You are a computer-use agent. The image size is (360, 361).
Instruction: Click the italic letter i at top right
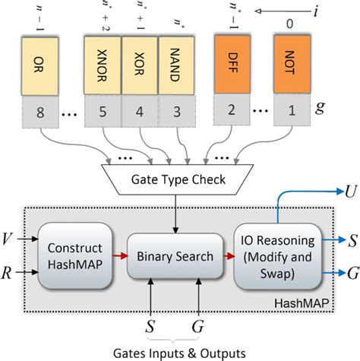(x=339, y=11)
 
